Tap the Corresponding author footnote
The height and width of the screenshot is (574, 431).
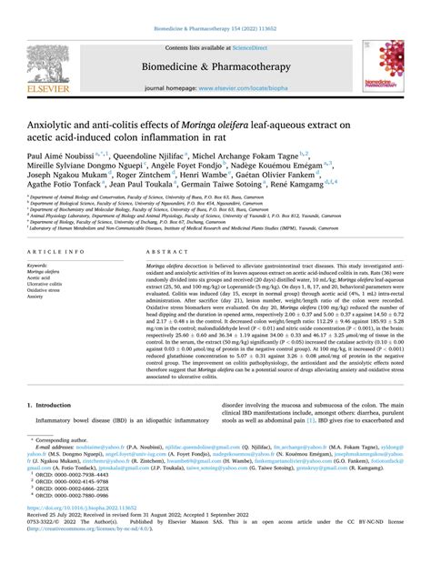[x=64, y=489]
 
